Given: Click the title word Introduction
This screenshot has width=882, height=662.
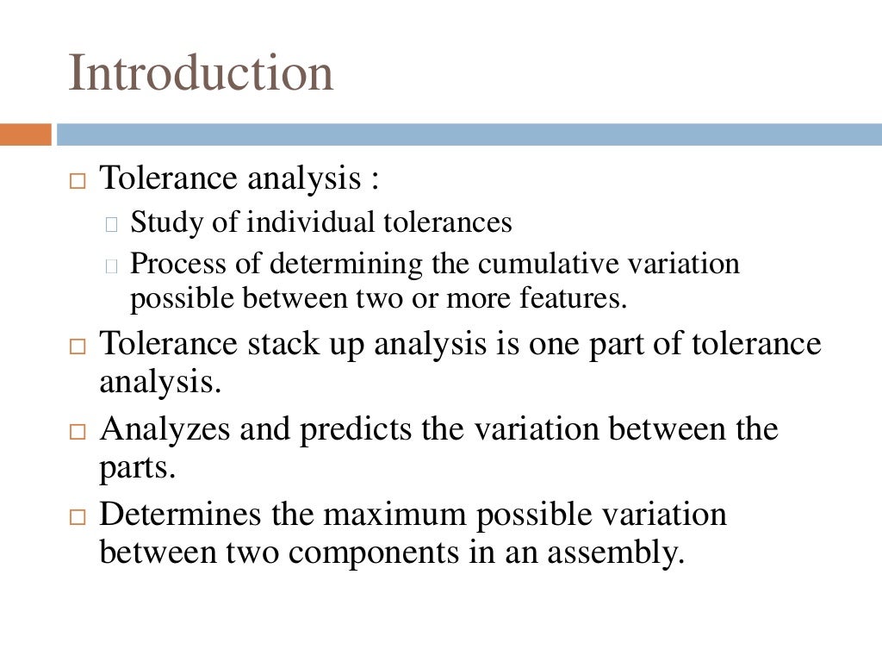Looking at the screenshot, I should (201, 72).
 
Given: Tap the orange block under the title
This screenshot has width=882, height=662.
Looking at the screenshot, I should (25, 134).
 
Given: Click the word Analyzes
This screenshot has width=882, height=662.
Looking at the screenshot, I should (165, 428).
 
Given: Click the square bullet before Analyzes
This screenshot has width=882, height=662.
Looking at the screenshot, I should (78, 431).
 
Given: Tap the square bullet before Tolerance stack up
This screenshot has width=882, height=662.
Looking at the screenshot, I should (78, 347).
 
